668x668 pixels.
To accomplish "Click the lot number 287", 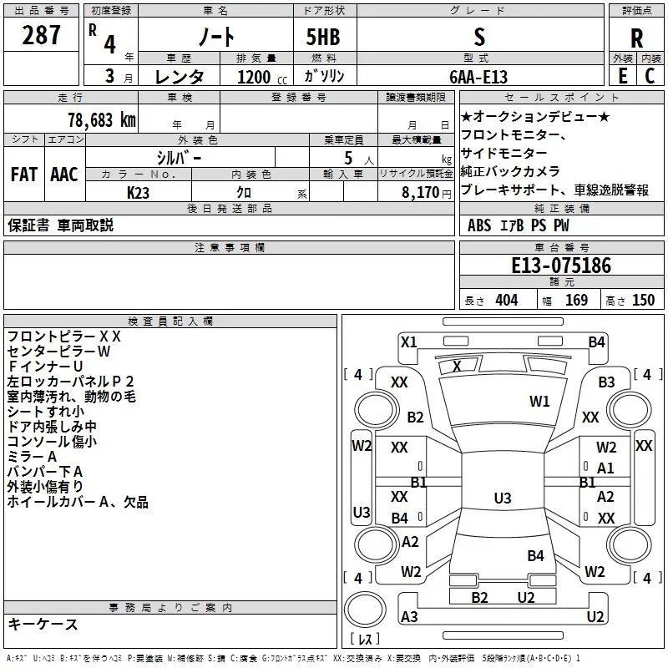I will pos(43,35).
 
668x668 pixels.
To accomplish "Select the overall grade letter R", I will pos(636,38).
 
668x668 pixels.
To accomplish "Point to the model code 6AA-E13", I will pos(478,76).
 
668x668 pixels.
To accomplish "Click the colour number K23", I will pos(139,192).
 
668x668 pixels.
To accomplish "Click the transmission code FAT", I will pos(24,175).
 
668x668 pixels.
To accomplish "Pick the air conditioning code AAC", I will pos(63,175).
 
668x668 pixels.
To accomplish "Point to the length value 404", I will pos(506,301).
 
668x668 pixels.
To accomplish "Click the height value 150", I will pos(643,301).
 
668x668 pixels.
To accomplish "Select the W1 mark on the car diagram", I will pos(539,402).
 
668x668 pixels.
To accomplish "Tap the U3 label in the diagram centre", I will pos(502,498).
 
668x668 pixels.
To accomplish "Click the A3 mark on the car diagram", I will pos(409,616).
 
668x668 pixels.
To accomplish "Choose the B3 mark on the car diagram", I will pos(606,382).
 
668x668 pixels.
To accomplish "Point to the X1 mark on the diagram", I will pos(408,342).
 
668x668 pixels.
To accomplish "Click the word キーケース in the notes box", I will pos(43,624).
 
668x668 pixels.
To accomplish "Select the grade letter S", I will pos(478,37).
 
